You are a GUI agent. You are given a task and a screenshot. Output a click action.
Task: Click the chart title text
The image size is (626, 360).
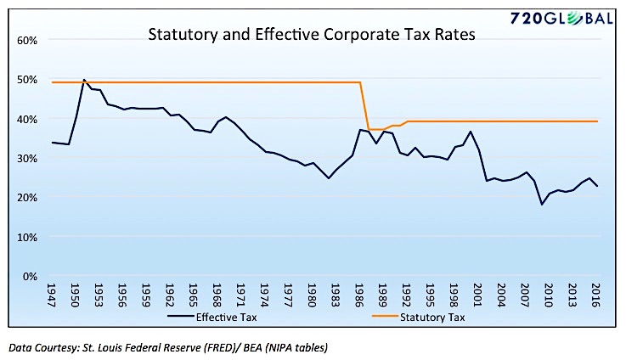312,34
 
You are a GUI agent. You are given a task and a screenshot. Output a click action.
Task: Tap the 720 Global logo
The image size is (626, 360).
561,19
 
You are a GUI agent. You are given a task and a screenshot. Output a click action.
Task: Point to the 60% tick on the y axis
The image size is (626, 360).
26,41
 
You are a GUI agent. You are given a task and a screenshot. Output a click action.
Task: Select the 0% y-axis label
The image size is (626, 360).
30,276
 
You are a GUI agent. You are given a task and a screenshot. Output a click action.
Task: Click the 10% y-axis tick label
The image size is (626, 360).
26,237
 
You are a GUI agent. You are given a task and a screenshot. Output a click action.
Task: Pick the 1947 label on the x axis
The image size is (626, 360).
51,295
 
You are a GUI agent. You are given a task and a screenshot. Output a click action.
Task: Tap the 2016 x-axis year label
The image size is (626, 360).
595,295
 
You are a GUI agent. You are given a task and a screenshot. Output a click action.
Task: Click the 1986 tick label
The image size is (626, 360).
359,295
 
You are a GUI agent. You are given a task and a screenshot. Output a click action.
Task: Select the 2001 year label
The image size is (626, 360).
477,295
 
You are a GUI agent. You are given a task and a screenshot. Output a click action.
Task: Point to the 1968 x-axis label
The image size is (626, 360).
217,295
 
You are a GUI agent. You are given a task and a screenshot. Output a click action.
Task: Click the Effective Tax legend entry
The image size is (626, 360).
212,318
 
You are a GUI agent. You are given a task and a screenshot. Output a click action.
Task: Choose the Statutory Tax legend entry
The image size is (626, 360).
419,318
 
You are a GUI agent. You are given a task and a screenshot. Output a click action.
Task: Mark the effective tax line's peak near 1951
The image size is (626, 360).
84,80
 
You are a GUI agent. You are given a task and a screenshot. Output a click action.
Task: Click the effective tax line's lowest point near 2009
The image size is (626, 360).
542,205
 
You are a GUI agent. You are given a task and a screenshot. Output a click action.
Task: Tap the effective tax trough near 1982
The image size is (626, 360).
329,178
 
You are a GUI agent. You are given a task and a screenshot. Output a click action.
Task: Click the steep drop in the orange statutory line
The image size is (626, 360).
364,106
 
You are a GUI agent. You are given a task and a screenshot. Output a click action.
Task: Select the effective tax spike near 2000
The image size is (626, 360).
471,132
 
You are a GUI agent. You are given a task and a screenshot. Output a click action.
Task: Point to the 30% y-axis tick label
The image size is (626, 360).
26,159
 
